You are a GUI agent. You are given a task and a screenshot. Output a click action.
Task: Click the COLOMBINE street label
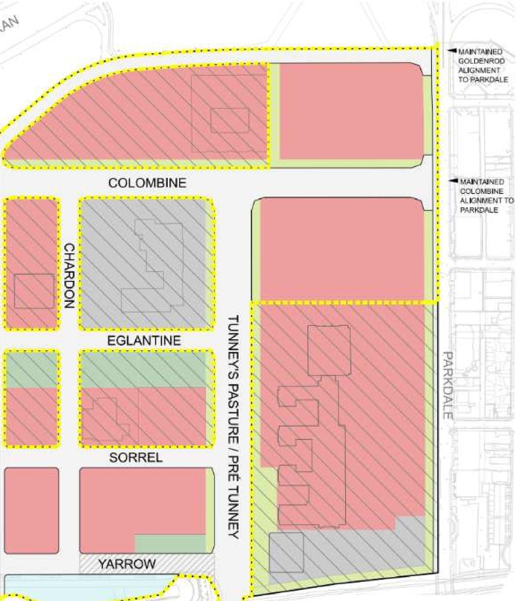coord(147,183)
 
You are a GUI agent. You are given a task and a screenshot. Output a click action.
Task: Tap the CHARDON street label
coord(69,275)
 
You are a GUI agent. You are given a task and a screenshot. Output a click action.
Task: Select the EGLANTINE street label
coord(144,341)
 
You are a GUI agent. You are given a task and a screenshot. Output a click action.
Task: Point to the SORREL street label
coord(136,457)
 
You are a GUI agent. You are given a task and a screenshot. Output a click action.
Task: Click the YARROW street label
coord(127,563)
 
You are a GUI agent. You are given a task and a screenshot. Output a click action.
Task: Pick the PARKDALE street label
coord(449,385)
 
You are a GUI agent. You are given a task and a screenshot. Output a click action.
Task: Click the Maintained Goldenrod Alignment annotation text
coord(482,66)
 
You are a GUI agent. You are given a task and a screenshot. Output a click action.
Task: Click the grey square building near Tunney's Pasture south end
coord(286,552)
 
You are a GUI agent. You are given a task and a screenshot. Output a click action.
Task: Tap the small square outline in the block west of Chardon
coord(34,291)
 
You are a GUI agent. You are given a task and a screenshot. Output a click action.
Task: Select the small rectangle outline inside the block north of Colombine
coord(229,120)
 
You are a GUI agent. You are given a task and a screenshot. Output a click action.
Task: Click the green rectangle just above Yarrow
coord(170,544)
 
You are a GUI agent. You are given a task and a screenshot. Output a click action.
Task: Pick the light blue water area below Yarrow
coord(81,586)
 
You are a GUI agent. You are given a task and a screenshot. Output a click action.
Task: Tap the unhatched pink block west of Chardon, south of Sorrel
coord(31,510)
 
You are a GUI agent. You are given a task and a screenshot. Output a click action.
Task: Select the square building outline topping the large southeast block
coord(329,351)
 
